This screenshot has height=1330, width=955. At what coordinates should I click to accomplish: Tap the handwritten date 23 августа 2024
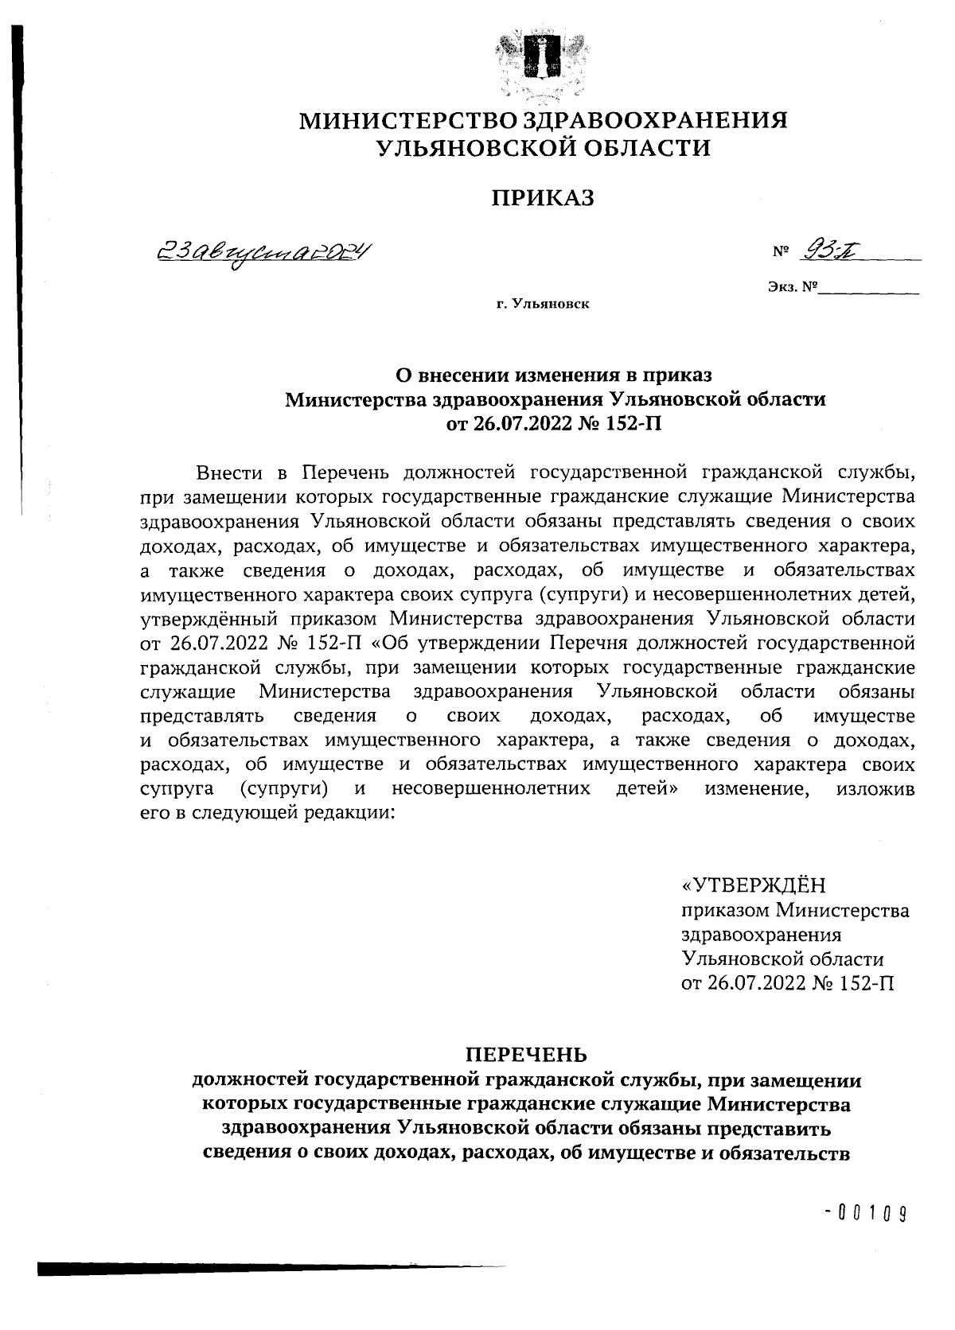(263, 255)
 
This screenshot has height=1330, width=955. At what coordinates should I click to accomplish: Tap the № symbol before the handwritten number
(780, 254)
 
